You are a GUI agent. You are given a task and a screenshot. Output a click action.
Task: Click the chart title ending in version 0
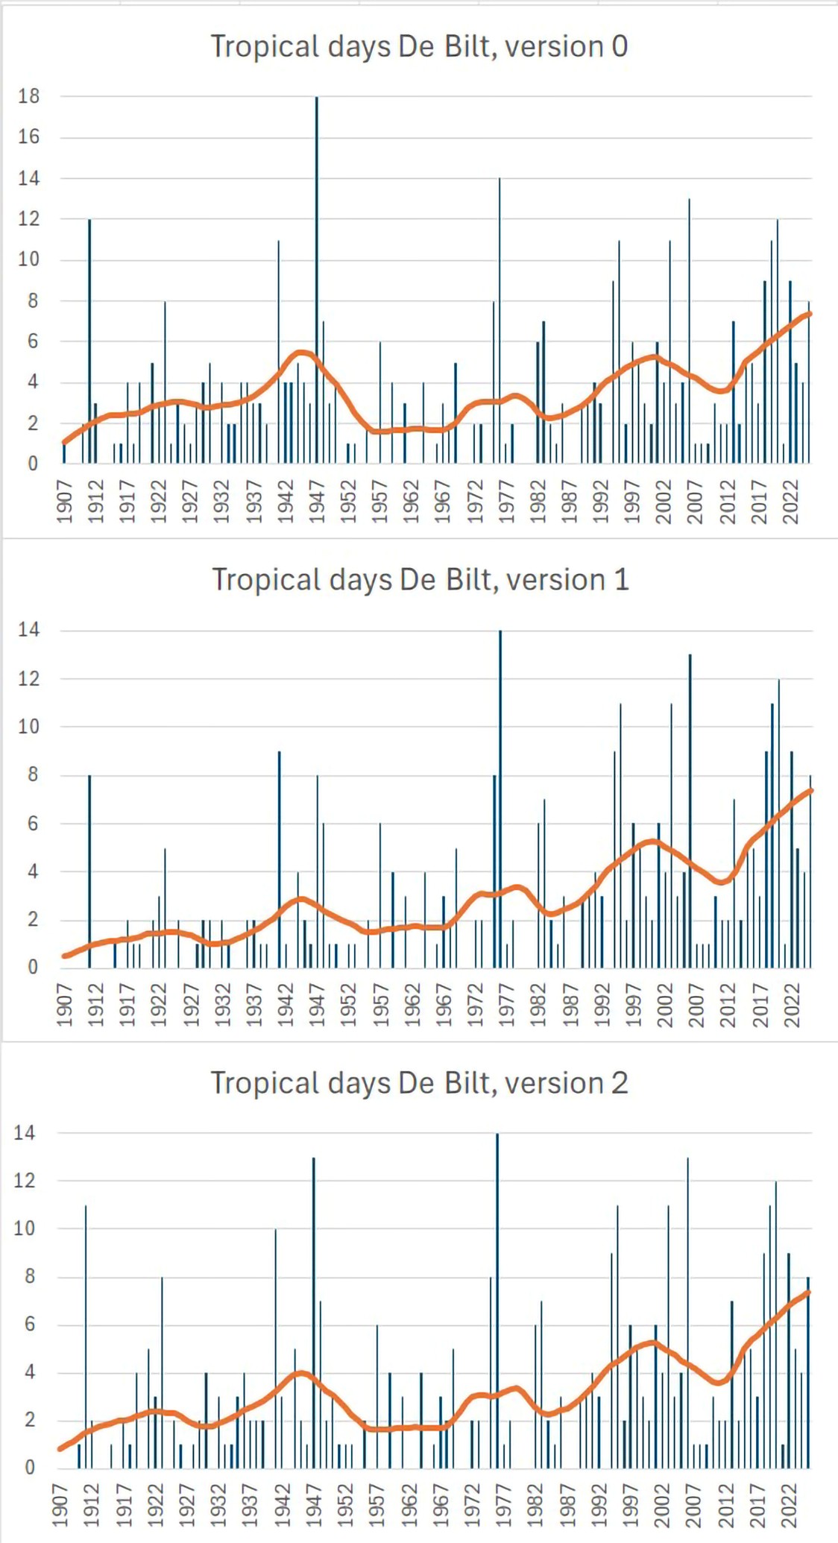[x=419, y=47]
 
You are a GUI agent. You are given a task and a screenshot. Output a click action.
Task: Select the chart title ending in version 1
[x=420, y=580]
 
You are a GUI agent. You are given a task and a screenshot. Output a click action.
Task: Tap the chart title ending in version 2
[x=419, y=1083]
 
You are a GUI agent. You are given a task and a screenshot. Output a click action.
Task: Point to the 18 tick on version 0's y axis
[x=29, y=97]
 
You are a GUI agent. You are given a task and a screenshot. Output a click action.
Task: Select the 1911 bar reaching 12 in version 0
[x=89, y=343]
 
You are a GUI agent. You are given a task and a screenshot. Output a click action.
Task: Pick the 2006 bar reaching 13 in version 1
[x=690, y=812]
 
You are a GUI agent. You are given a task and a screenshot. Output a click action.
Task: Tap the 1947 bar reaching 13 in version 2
[x=314, y=1312]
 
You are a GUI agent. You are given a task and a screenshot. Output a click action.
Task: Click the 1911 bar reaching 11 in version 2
[x=86, y=1334]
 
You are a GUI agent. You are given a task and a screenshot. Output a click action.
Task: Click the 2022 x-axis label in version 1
[x=792, y=1004]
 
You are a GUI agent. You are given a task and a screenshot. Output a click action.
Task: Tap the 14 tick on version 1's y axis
[x=28, y=630]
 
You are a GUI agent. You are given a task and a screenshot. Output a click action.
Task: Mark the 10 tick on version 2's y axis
[x=25, y=1228]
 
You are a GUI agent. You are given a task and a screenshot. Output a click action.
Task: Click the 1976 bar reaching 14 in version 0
[x=500, y=321]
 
